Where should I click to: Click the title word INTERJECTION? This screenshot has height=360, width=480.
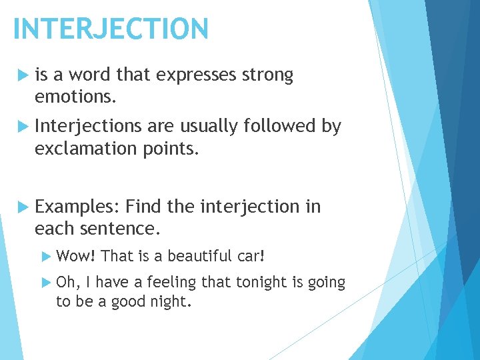111,29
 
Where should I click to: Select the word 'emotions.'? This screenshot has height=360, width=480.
76,97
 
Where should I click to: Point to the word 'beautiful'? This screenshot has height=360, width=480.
200,256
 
